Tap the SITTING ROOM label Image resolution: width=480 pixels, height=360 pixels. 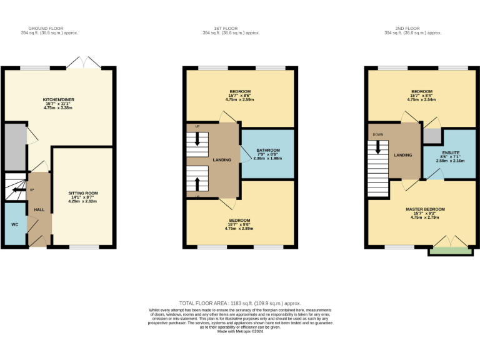(x=83, y=193)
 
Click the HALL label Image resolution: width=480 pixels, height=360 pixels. (x=39, y=210)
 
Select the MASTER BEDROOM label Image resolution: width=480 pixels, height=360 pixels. (x=424, y=209)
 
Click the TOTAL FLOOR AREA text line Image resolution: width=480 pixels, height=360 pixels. (x=240, y=302)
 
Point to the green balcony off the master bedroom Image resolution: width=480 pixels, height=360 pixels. (x=450, y=251)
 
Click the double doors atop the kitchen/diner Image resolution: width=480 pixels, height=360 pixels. (x=83, y=62)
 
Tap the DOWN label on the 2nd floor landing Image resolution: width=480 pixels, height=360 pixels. (x=377, y=134)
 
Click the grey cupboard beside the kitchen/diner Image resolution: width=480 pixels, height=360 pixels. (x=13, y=147)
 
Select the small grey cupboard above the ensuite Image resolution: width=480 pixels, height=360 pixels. (x=432, y=136)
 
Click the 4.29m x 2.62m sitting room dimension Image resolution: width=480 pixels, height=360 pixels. (x=83, y=201)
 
